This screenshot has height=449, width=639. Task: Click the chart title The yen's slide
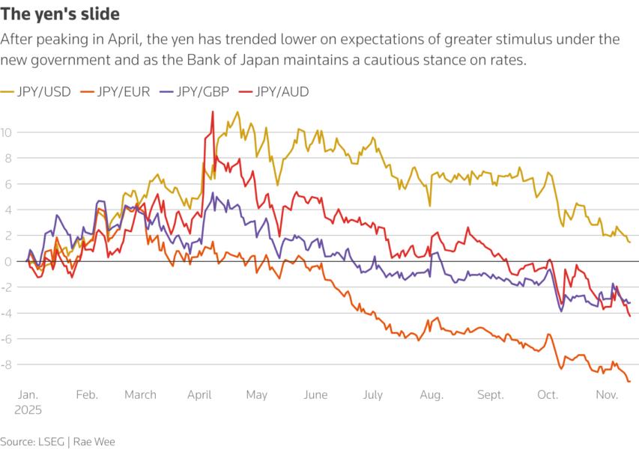(x=60, y=14)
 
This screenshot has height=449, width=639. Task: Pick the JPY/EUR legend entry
(x=124, y=92)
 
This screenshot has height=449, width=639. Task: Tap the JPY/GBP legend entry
(x=202, y=92)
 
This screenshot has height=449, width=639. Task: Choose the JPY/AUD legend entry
(x=282, y=92)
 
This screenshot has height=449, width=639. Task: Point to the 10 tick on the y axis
(x=7, y=132)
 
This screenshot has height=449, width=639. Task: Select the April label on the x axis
(x=199, y=394)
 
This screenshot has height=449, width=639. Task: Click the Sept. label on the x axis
(x=491, y=394)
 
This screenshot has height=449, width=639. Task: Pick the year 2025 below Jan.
(x=28, y=410)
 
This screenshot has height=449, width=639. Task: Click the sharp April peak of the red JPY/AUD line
(x=213, y=112)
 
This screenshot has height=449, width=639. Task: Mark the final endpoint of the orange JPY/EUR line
(x=629, y=382)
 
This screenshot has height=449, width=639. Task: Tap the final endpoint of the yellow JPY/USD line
(x=629, y=242)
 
